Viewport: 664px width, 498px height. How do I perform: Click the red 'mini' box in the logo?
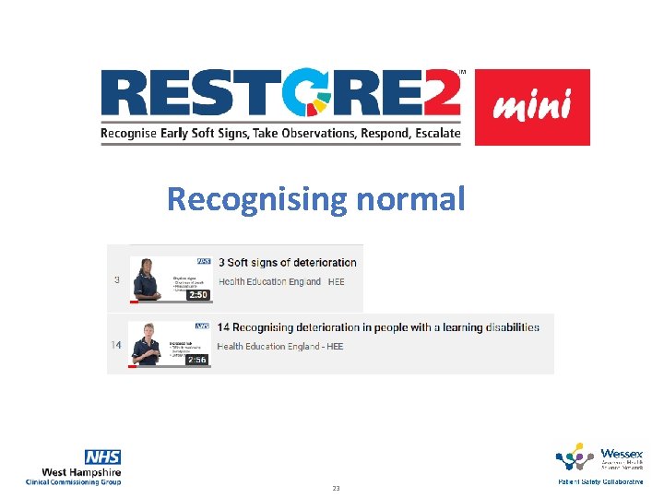[x=532, y=107]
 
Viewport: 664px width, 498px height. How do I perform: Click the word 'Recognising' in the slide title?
[x=255, y=198]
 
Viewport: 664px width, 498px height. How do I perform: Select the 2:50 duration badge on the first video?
[x=196, y=295]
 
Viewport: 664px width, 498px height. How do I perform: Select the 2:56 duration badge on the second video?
[x=196, y=360]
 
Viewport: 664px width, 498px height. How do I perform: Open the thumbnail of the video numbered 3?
[x=172, y=279]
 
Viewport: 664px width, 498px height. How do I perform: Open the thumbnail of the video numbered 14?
[x=172, y=344]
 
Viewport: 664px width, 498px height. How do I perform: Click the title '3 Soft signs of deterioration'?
[x=287, y=263]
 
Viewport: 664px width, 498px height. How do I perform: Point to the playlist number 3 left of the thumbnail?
[x=117, y=279]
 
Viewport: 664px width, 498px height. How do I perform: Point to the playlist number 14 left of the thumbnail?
[x=117, y=345]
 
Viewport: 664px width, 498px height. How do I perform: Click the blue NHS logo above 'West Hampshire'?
[x=102, y=457]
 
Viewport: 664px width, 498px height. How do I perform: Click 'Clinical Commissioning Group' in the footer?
[x=74, y=481]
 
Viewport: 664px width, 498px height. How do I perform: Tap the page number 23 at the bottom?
[x=336, y=488]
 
